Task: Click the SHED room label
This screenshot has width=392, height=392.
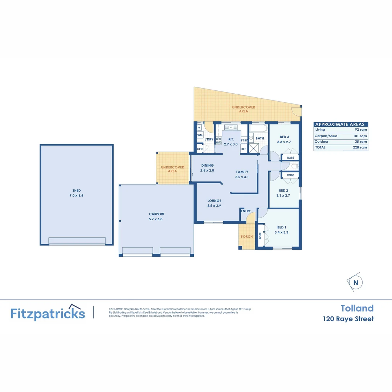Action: pos(76,191)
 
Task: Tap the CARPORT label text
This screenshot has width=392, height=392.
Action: pos(156,214)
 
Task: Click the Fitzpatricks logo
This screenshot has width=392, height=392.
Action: pos(48,313)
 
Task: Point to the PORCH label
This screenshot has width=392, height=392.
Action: pos(247,237)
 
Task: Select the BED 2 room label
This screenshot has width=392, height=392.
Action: pos(283,190)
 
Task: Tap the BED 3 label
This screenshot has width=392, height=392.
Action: pos(283,137)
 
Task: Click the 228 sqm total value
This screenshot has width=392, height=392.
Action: pos(361,148)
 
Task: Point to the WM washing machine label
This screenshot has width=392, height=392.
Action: pos(200,135)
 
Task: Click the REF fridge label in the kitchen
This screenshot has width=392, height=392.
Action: pos(244,149)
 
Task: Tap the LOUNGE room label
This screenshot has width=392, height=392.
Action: pos(214,201)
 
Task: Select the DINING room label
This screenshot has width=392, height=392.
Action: pos(207,166)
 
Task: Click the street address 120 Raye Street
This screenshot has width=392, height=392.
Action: pos(348,319)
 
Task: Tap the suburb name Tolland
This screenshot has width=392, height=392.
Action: pos(357,308)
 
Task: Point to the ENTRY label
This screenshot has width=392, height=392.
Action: pos(246,211)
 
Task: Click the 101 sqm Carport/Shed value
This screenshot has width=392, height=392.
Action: pos(361,136)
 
